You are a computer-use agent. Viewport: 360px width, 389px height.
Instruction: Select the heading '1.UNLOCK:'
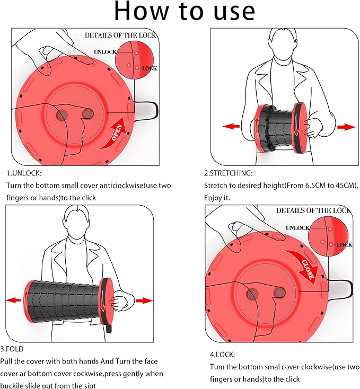click(24, 173)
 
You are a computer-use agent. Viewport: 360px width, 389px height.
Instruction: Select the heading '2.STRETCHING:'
click(229, 173)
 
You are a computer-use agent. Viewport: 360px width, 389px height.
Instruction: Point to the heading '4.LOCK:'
click(219, 354)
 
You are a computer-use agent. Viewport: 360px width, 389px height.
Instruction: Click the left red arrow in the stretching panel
click(231, 126)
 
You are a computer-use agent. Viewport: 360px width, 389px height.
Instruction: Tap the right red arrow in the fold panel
click(144, 300)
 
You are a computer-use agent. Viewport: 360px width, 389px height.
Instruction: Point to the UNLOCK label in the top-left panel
click(105, 52)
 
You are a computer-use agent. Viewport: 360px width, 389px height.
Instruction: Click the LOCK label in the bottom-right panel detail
click(344, 245)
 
